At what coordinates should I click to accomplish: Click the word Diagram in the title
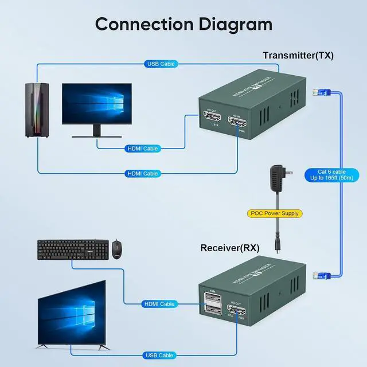pyautogui.click(x=226, y=25)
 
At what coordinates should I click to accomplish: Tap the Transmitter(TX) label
pyautogui.click(x=298, y=56)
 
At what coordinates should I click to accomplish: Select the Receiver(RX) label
pyautogui.click(x=230, y=248)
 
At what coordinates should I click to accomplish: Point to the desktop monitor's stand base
pyautogui.click(x=96, y=137)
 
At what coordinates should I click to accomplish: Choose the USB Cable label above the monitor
pyautogui.click(x=161, y=64)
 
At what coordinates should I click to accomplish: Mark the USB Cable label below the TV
pyautogui.click(x=158, y=356)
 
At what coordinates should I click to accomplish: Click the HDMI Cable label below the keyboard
pyautogui.click(x=159, y=304)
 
